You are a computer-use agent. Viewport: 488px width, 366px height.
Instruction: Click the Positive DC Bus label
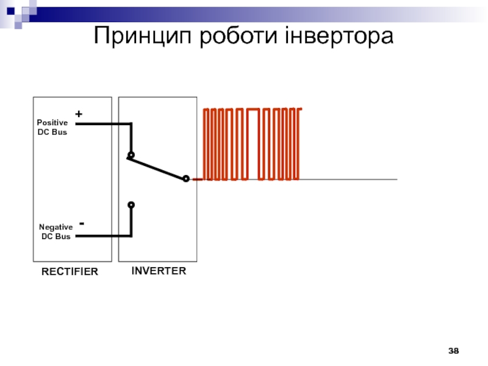[52, 127]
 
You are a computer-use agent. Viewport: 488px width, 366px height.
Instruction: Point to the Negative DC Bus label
[56, 231]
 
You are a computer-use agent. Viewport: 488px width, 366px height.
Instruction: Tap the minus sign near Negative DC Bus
[82, 224]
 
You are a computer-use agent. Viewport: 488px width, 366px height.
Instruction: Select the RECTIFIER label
[70, 272]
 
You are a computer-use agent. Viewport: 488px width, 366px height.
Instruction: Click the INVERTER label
[159, 270]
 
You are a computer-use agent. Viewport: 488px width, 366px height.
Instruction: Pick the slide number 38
[453, 351]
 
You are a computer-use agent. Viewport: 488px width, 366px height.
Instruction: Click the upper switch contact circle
[131, 155]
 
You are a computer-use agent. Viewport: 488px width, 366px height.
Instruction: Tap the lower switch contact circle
[131, 205]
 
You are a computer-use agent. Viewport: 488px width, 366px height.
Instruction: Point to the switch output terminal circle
[186, 179]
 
